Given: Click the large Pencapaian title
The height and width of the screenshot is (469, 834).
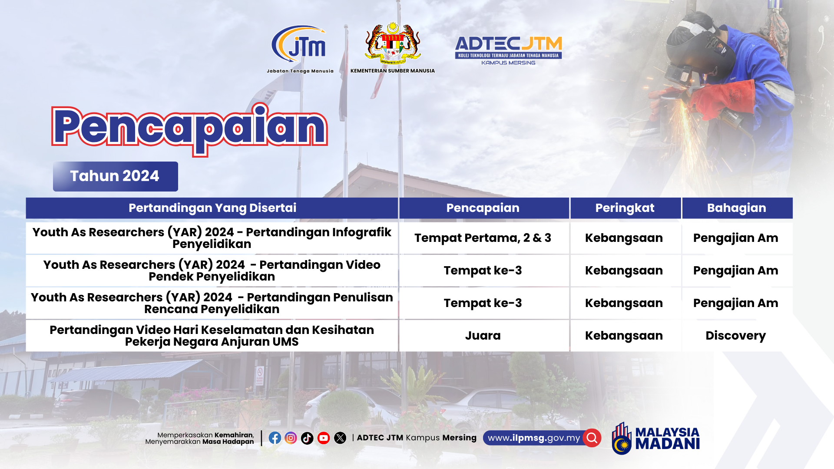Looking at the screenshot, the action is [189, 129].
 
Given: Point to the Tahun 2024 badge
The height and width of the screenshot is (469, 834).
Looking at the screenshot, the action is [116, 176].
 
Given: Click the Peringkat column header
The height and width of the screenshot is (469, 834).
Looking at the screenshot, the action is [625, 208].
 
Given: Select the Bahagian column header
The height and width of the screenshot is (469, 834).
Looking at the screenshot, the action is [737, 208].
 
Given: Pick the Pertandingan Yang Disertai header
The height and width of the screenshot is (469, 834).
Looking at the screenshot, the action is [212, 208].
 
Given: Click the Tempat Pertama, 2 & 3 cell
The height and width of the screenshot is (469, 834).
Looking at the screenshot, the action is [483, 238].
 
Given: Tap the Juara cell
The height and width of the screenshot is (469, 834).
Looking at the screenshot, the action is [483, 336].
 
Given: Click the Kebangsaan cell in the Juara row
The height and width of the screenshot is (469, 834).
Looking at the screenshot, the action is [624, 336].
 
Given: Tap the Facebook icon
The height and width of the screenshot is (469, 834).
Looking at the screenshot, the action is [275, 438].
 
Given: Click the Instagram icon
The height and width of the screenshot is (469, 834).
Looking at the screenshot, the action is [291, 438].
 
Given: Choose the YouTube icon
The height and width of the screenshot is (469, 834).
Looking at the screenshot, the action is [324, 438].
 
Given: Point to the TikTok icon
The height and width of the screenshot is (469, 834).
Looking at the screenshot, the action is [307, 438].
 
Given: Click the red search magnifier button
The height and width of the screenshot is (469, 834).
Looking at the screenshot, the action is [592, 438].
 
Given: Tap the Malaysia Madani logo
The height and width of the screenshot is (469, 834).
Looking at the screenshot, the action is [655, 438].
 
